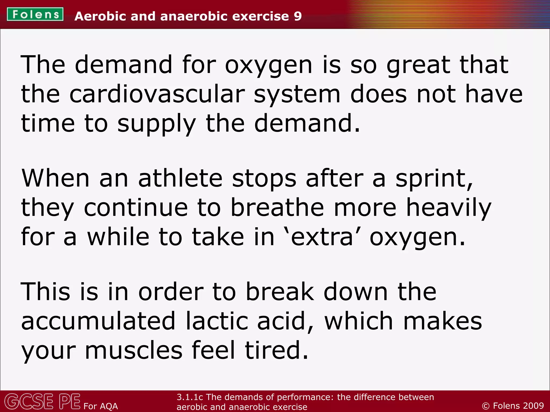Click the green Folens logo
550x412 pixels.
tap(35, 14)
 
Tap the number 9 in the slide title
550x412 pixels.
tap(298, 16)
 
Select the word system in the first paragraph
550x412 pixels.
tap(297, 94)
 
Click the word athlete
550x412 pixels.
tap(180, 178)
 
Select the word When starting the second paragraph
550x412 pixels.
tap(55, 178)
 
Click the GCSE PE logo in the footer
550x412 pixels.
tap(42, 402)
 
